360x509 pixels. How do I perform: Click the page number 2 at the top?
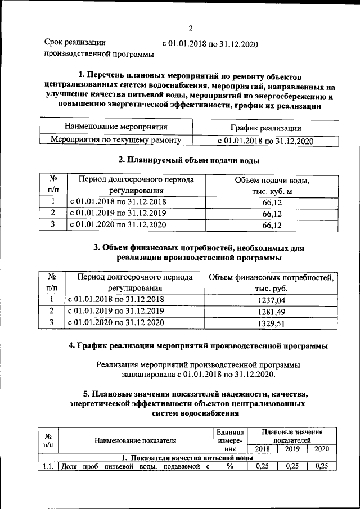[190, 29]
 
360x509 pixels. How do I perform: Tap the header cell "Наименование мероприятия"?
[116, 127]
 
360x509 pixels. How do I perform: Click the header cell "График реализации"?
[265, 129]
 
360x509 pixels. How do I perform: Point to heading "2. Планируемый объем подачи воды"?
[184, 160]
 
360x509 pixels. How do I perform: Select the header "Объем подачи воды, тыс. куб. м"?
[272, 186]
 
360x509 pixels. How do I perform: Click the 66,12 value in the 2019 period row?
[272, 214]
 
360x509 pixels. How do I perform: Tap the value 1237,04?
[272, 300]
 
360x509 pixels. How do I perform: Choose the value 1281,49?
[272, 312]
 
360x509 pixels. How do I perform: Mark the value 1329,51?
[272, 323]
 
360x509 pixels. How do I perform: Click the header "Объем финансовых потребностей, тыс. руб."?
[272, 283]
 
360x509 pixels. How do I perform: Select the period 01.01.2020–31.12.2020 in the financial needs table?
[116, 323]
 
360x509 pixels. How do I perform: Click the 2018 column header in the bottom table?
[262, 449]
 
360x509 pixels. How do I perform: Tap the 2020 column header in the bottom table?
[321, 449]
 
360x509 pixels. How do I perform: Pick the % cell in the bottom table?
[229, 466]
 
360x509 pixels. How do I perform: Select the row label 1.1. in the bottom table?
[47, 466]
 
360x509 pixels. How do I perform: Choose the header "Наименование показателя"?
[135, 440]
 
